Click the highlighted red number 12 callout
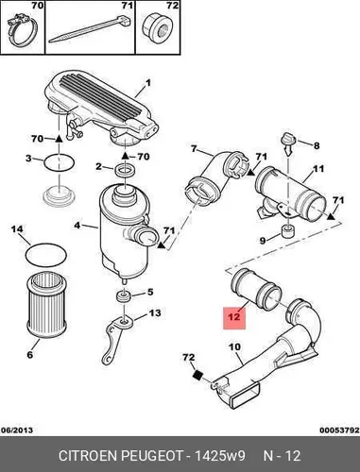(234, 318)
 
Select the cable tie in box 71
(90, 28)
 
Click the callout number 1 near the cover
(147, 83)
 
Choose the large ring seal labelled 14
(46, 254)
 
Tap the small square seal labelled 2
(126, 171)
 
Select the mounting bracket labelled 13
(114, 339)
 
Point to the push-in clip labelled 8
(288, 143)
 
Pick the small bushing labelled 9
(287, 232)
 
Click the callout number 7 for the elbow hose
(194, 148)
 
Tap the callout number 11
(318, 169)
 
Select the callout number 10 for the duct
(234, 347)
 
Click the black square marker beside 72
(197, 375)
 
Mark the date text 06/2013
(17, 430)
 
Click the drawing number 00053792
(339, 430)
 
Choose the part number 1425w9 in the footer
(220, 456)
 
